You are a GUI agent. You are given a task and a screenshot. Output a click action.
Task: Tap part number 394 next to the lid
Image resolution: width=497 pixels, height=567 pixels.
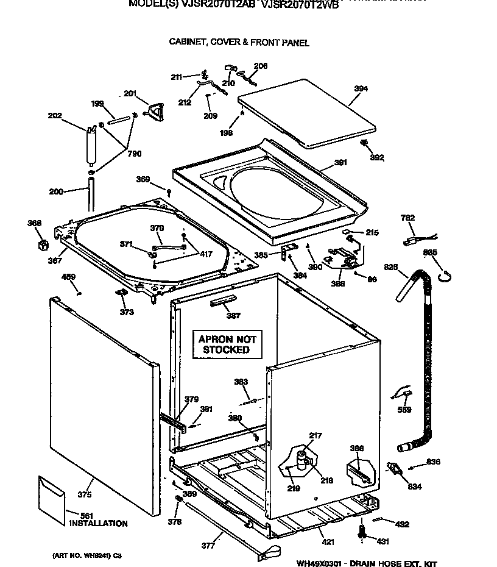pyautogui.click(x=361, y=89)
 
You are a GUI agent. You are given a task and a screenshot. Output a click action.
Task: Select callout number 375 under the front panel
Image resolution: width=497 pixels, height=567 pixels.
pyautogui.click(x=85, y=495)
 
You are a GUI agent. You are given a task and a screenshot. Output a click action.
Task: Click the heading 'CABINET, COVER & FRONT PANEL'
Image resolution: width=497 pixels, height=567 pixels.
pyautogui.click(x=239, y=43)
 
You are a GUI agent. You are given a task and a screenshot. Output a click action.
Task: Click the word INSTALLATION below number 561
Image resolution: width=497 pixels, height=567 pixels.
pyautogui.click(x=98, y=523)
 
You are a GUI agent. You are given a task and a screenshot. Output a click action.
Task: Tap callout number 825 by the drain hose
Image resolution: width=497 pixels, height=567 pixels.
pyautogui.click(x=390, y=266)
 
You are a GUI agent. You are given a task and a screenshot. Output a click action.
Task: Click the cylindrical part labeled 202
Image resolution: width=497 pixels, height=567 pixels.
pyautogui.click(x=91, y=145)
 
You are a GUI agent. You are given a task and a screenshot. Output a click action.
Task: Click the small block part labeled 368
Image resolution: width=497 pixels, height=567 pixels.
pyautogui.click(x=42, y=244)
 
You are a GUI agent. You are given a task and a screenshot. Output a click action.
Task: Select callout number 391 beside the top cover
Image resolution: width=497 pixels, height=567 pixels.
pyautogui.click(x=340, y=163)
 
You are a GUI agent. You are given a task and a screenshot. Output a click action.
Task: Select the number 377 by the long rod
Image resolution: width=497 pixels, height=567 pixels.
pyautogui.click(x=208, y=545)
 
